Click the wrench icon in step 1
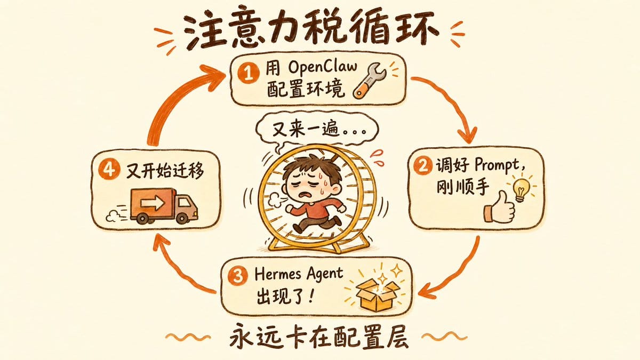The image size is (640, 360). [370, 81]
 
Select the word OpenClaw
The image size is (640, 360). [323, 67]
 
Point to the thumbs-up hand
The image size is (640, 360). [499, 207]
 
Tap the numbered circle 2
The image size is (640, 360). [422, 166]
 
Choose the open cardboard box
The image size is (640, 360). [377, 294]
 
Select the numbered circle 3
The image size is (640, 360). [238, 276]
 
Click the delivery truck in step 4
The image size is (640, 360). [164, 206]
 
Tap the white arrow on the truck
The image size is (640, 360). [153, 203]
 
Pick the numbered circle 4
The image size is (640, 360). [108, 170]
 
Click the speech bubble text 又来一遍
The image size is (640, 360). [306, 130]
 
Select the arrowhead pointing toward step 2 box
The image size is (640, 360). [467, 134]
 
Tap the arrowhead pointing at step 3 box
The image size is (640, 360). [428, 291]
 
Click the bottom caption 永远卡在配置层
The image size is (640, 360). [319, 338]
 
